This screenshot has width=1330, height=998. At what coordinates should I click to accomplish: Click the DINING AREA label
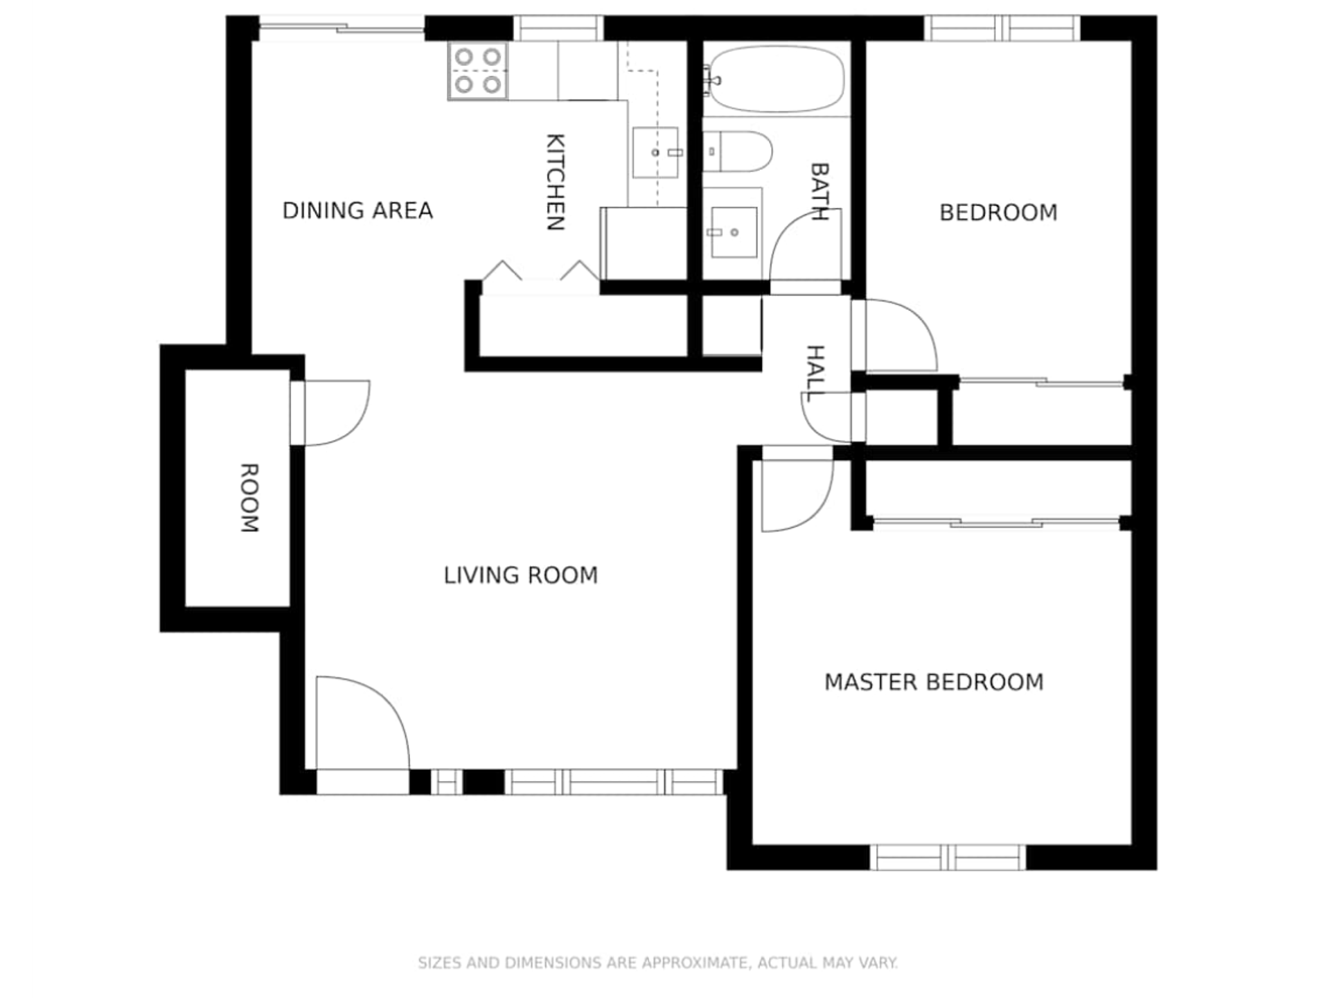[357, 210]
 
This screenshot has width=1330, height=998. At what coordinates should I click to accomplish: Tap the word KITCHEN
[556, 182]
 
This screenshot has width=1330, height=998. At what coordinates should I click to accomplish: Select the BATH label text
[819, 191]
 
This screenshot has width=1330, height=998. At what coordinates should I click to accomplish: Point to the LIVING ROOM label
[520, 575]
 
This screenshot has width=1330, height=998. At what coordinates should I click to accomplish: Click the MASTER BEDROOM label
[934, 682]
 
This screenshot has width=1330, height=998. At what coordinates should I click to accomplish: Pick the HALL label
[816, 373]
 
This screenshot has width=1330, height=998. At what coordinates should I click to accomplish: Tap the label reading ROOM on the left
[249, 498]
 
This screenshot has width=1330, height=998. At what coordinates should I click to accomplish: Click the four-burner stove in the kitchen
[478, 71]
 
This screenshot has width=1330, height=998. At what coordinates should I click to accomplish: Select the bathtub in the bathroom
[777, 79]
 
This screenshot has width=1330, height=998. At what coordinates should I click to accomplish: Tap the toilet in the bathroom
[738, 152]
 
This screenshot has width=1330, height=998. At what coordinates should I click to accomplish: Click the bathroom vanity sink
[734, 232]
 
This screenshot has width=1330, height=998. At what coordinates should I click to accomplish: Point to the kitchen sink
[655, 152]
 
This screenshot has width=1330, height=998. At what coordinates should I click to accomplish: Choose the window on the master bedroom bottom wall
[948, 857]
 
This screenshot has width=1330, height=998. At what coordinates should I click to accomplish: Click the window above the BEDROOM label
[1002, 28]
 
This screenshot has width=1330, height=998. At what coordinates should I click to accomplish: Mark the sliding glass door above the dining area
[342, 28]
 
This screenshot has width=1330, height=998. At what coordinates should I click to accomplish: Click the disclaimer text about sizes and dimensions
[657, 963]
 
